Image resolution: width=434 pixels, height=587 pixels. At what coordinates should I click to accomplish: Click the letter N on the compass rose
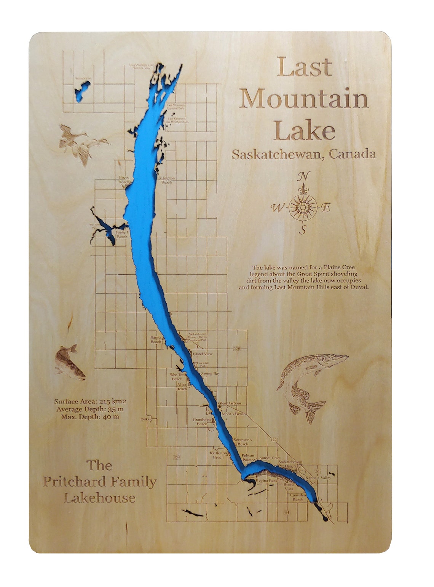pyautogui.click(x=303, y=177)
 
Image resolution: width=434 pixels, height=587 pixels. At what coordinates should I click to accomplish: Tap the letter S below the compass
pyautogui.click(x=303, y=230)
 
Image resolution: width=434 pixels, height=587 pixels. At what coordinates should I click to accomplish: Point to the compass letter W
pyautogui.click(x=277, y=208)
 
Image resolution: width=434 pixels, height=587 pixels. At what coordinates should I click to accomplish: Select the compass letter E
pyautogui.click(x=326, y=208)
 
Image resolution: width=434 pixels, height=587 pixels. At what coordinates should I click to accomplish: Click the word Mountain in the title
pyautogui.click(x=304, y=99)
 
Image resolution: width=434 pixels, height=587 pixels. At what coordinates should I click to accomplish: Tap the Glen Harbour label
pyautogui.click(x=230, y=403)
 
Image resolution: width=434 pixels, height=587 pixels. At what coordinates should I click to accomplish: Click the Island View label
pyautogui.click(x=203, y=354)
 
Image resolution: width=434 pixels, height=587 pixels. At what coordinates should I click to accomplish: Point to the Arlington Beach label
pyautogui.click(x=167, y=180)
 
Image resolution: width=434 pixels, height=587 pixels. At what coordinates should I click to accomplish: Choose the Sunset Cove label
pyautogui.click(x=270, y=458)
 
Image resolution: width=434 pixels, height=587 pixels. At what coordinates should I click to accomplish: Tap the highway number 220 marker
pyautogui.click(x=237, y=348)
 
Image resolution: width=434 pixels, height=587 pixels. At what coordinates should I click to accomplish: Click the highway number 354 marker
pyautogui.click(x=176, y=457)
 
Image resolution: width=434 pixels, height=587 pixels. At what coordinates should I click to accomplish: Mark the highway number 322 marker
pyautogui.click(x=273, y=440)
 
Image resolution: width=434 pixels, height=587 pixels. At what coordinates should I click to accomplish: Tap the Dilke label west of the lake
pyautogui.click(x=145, y=419)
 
